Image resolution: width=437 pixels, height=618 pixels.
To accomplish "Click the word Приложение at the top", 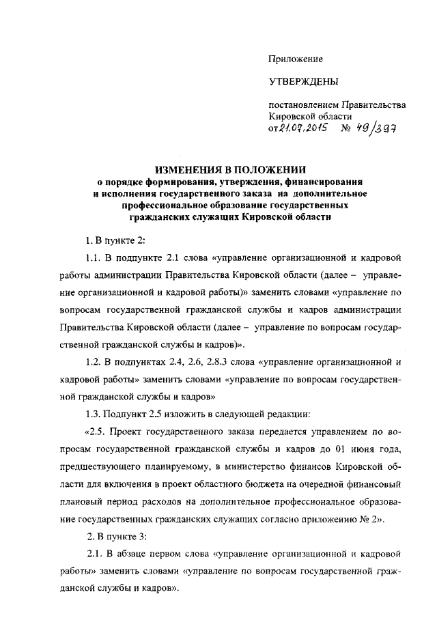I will pyautogui.click(x=295, y=60).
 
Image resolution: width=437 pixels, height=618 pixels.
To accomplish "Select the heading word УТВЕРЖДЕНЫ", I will pyautogui.click(x=302, y=83).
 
